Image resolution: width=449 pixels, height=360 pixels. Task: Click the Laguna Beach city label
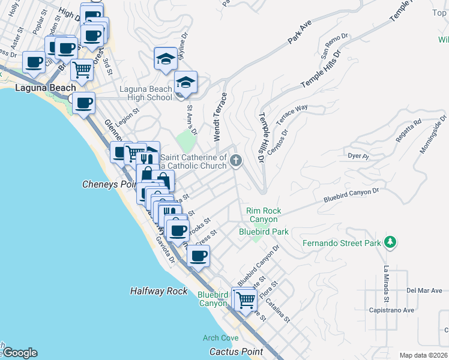[37, 88]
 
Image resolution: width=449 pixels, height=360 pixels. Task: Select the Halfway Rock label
[159, 291]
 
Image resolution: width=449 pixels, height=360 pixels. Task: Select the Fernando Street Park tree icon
[391, 242]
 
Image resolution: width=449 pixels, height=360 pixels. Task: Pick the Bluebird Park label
[264, 231]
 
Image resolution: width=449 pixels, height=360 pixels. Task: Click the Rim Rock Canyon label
[264, 215]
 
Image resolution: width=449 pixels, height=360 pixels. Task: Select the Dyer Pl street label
[358, 156]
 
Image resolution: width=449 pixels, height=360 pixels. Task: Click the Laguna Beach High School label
[146, 94]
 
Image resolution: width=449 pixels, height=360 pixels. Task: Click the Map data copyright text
[423, 355]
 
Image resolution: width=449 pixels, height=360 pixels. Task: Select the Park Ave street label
[300, 34]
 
